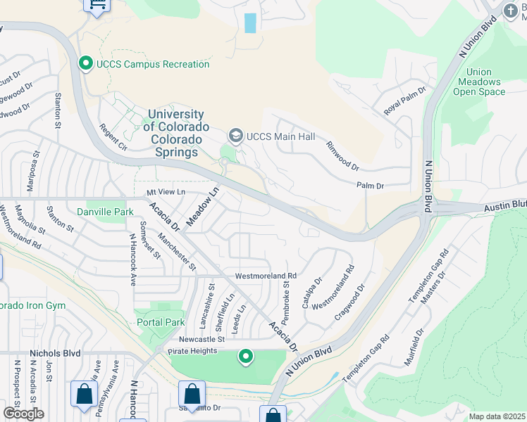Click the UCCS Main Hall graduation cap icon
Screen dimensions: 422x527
235,136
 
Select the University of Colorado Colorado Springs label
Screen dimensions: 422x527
176,127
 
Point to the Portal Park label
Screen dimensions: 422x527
161,322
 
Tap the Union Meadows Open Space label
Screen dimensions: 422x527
479,82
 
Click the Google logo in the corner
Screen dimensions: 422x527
23,413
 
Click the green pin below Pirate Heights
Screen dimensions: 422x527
245,357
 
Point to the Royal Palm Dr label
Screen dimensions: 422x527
405,101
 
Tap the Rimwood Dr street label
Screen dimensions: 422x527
342,156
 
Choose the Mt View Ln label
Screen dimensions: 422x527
166,191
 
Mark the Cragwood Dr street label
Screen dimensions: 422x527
350,302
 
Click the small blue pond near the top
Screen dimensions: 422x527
249,23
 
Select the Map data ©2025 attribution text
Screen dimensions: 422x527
497,416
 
